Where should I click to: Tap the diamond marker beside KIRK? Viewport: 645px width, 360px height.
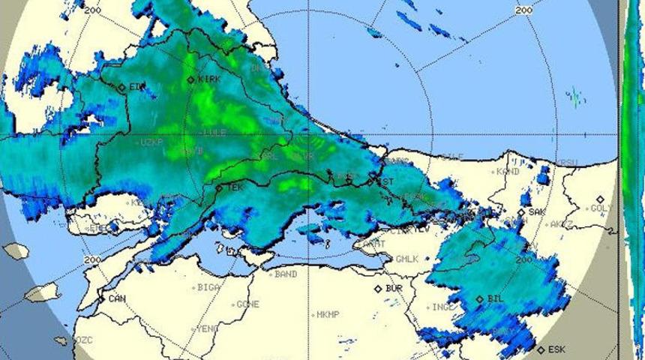[190, 79]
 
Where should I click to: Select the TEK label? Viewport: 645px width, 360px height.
[235, 187]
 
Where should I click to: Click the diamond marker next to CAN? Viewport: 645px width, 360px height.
[102, 298]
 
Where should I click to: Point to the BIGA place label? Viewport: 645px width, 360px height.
[208, 287]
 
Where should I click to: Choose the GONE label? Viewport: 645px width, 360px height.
[247, 304]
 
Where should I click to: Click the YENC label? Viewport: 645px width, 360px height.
[207, 329]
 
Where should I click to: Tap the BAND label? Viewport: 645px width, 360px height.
[286, 274]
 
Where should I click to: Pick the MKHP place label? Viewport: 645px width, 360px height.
[328, 314]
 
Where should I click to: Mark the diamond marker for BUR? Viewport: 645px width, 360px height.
[378, 288]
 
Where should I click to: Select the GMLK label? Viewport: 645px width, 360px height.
[406, 259]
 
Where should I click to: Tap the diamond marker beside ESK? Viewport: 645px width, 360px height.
[541, 349]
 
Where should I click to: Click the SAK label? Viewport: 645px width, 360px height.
[537, 212]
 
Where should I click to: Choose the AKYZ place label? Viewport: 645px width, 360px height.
[561, 224]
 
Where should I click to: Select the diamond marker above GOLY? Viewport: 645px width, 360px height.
[600, 199]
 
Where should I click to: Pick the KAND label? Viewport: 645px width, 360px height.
[508, 172]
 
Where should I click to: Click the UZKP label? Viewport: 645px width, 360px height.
[151, 142]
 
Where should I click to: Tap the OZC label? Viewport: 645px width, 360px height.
[84, 340]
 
